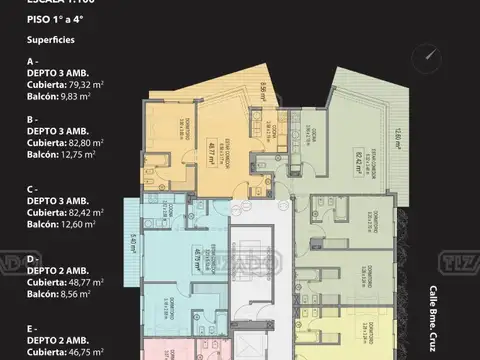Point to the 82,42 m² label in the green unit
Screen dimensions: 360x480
pyautogui.click(x=342, y=154)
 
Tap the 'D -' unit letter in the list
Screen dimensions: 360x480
pyautogui.click(x=33, y=259)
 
